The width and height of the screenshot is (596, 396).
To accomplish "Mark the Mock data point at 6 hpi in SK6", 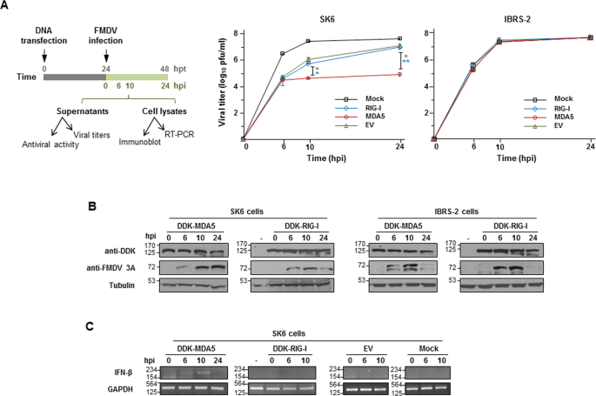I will pyautogui.click(x=282, y=54).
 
